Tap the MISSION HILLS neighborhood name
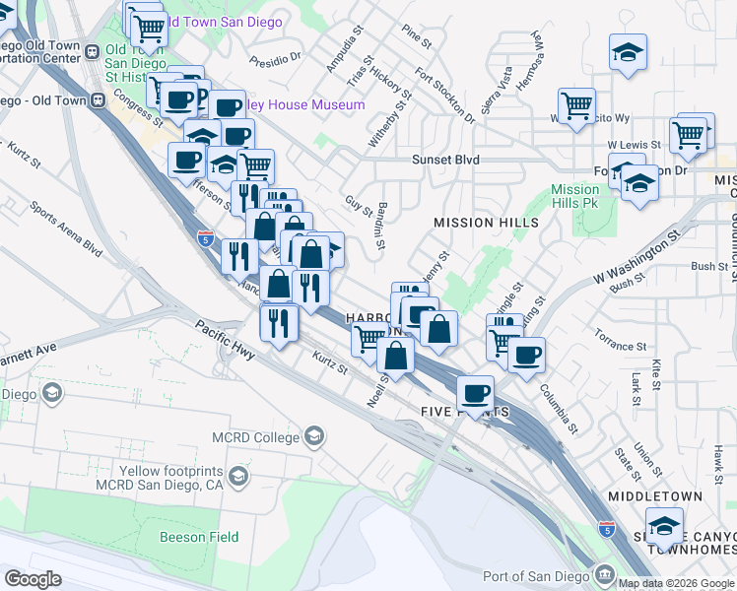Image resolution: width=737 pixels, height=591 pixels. coord(487,223)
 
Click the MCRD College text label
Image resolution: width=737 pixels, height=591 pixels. coord(255,437)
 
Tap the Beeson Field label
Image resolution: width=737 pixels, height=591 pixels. coord(198,537)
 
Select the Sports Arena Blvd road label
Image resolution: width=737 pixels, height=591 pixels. coord(66,229)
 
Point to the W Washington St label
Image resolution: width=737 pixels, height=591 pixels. coord(638,259)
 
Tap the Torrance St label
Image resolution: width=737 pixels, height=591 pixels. coord(621,347)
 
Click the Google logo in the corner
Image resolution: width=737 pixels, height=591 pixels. coord(33,579)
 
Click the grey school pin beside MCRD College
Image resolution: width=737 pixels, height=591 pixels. coord(314,436)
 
